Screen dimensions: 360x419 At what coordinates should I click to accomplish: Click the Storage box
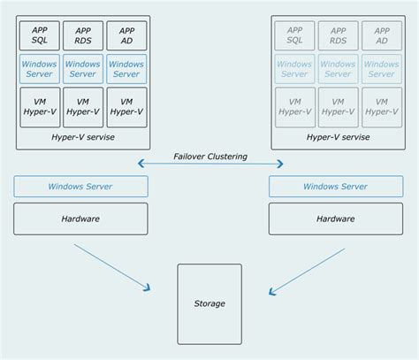point(209,303)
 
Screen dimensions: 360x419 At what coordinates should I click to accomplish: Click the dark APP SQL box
point(40,35)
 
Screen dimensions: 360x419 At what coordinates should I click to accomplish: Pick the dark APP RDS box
point(83,35)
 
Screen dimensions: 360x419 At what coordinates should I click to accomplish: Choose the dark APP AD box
point(126,35)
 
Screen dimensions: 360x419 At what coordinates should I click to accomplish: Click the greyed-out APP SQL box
point(294,35)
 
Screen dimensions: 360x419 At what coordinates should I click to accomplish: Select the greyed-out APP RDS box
point(338,35)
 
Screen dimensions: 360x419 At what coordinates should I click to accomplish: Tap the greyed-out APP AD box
point(381,35)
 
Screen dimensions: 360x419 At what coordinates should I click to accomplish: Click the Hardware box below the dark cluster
point(80,218)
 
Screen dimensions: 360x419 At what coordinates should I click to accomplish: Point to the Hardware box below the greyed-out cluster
point(335,218)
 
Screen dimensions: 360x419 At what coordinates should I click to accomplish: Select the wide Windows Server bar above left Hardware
point(80,187)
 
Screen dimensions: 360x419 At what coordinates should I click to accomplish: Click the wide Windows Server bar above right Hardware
point(335,187)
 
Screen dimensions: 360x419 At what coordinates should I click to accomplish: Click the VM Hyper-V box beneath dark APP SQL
point(40,106)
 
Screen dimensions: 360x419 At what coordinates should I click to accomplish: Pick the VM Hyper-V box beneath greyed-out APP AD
point(381,106)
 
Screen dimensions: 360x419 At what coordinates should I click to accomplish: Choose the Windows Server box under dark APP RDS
point(83,69)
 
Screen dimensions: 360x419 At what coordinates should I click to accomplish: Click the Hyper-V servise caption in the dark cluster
point(83,137)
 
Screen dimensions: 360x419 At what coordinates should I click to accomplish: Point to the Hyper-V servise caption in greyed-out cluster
point(338,137)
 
